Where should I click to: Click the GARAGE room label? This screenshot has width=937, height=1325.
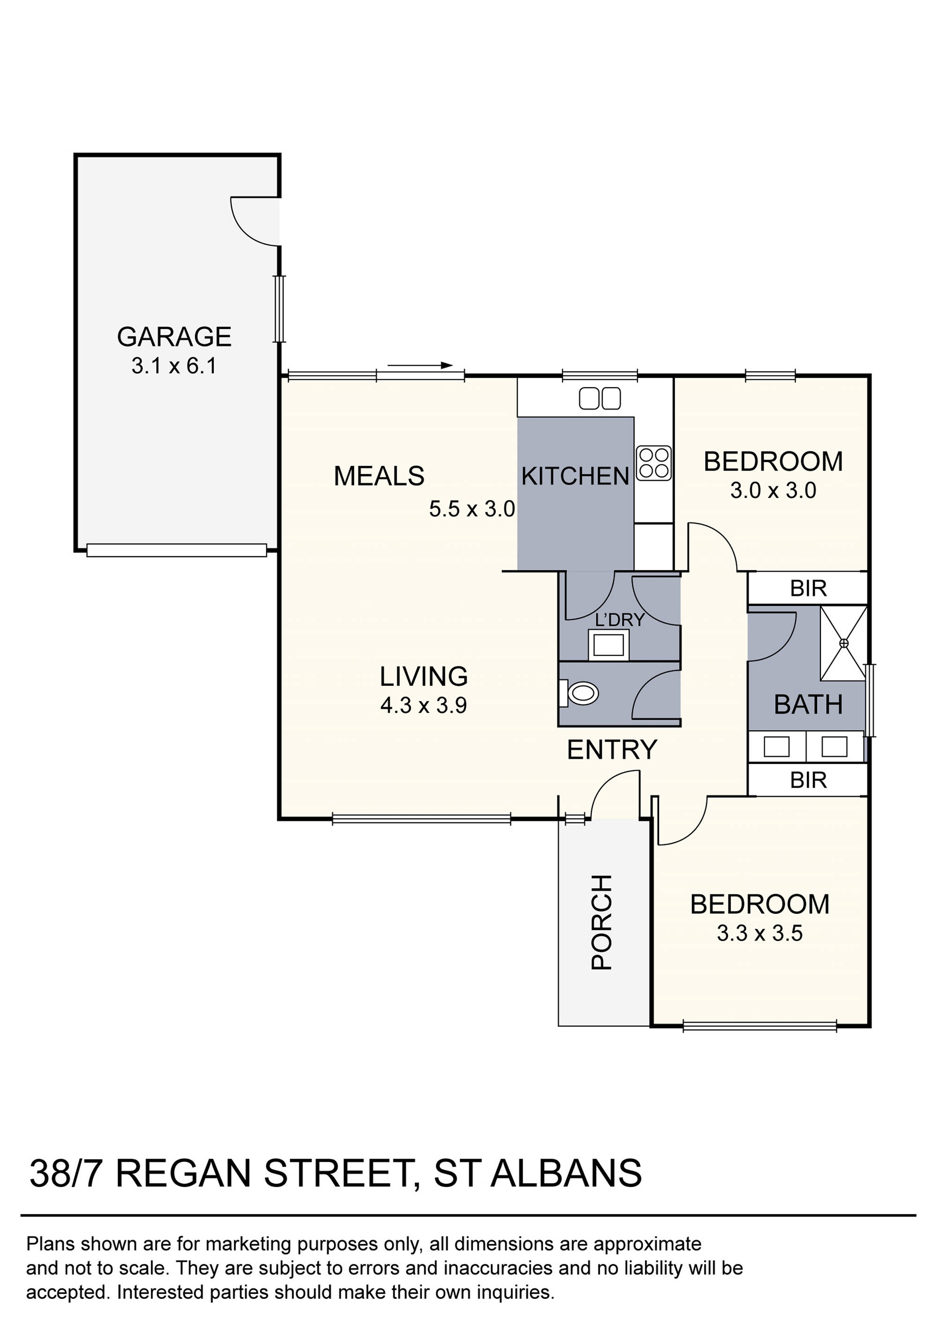[x=174, y=337]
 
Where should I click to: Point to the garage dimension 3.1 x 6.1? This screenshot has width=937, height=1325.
[x=174, y=366]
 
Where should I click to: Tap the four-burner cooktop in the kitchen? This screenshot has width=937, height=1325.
[x=654, y=463]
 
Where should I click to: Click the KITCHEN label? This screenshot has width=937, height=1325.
[x=575, y=477]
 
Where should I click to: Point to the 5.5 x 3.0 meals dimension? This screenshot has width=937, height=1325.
[x=472, y=509]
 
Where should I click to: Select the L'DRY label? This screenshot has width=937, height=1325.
[x=620, y=620]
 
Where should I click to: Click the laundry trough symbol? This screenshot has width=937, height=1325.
[x=608, y=644]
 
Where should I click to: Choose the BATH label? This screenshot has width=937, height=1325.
[x=808, y=705]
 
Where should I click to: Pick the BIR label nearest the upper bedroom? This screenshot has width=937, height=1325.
[x=808, y=589]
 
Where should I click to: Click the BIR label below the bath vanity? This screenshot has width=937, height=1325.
[x=808, y=780]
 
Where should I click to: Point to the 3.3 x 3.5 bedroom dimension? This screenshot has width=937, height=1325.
[x=759, y=933]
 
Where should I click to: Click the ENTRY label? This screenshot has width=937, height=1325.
[x=612, y=750]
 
